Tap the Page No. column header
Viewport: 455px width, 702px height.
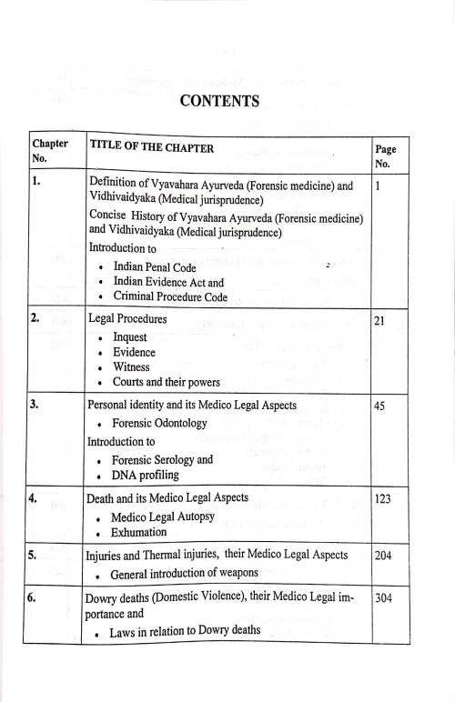[385, 156]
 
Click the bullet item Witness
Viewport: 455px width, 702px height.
[136, 367]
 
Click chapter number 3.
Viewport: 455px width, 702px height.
[36, 405]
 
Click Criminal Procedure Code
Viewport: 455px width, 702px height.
[177, 296]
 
